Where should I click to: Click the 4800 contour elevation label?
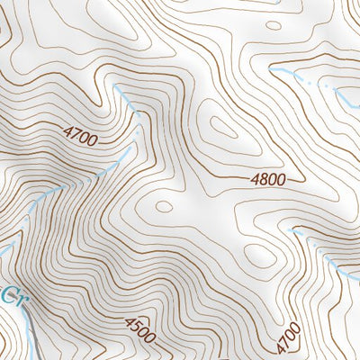pos(268,179)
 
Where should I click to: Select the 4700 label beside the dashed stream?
pos(81,136)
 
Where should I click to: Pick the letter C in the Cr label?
pos(7,294)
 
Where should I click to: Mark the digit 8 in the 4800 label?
pos(264,179)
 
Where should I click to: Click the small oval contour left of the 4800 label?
pos(163,206)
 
